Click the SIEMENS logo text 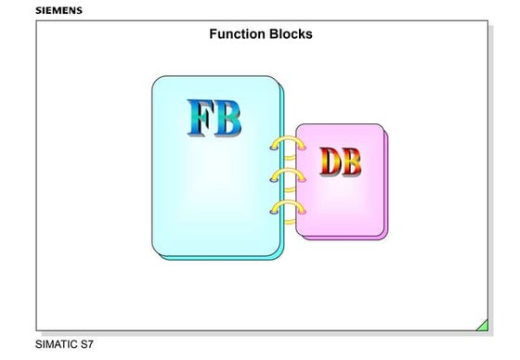pyautogui.click(x=58, y=10)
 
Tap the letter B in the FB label pyautogui.click(x=227, y=118)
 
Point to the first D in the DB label pyautogui.click(x=330, y=161)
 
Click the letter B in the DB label pyautogui.click(x=351, y=161)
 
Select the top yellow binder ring pyautogui.click(x=286, y=144)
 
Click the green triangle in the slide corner pyautogui.click(x=482, y=325)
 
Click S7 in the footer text pyautogui.click(x=86, y=344)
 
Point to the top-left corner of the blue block pyautogui.click(x=155, y=79)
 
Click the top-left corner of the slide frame pyautogui.click(x=36, y=20)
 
